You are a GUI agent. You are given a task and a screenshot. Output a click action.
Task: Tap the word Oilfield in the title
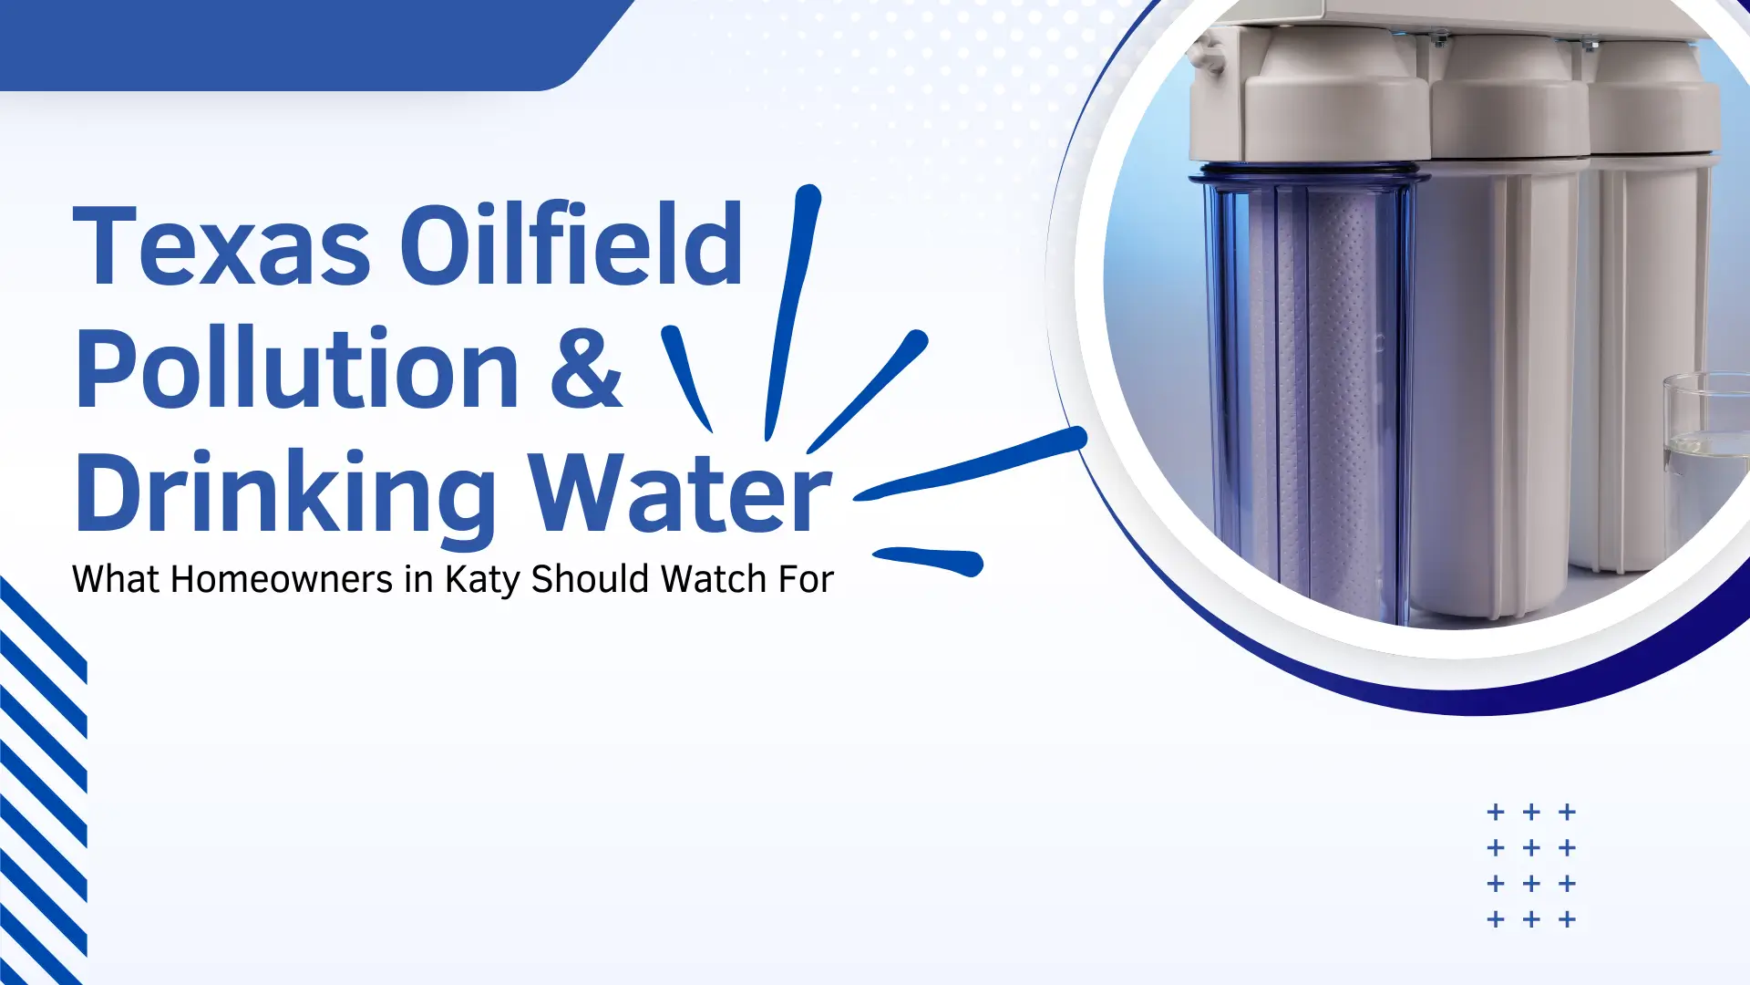571,244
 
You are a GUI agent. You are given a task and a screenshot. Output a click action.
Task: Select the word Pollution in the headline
297,369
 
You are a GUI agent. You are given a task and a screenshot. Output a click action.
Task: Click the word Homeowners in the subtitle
282,580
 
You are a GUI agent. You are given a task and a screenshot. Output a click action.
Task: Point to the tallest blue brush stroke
792,310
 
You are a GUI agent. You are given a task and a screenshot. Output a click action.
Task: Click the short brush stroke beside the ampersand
685,376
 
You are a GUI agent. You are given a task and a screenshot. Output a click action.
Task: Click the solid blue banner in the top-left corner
273,44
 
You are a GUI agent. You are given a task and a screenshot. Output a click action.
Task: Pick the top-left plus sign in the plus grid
1496,812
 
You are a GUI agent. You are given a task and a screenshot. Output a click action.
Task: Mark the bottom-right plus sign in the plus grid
1567,919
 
